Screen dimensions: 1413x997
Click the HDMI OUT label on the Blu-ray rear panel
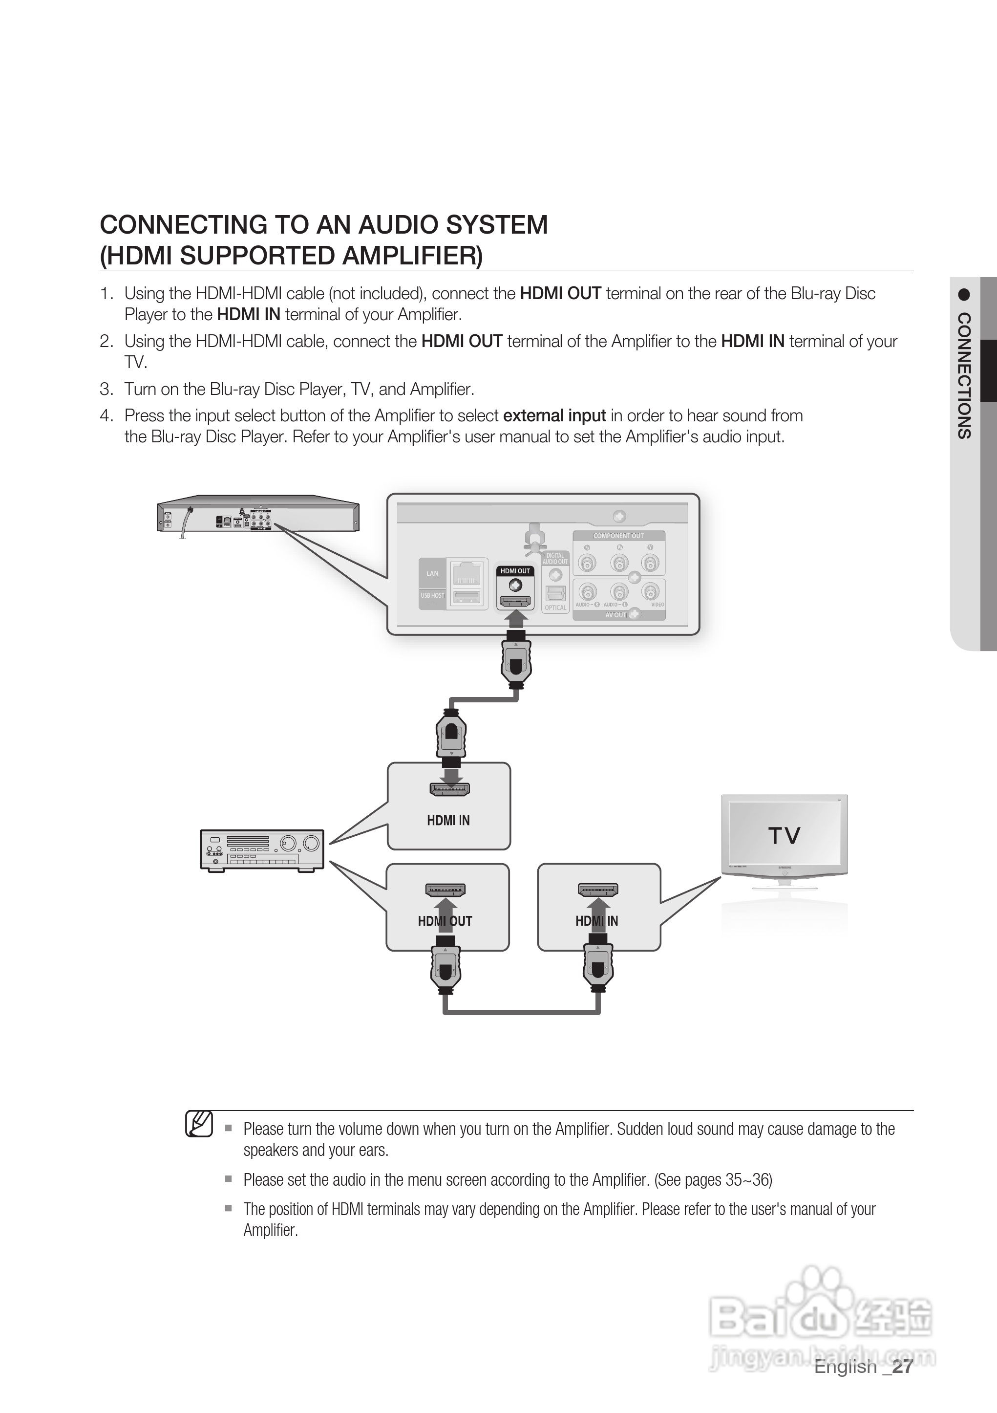(x=515, y=571)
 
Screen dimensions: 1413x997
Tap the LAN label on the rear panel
(x=432, y=574)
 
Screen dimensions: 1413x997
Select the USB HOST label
(x=432, y=595)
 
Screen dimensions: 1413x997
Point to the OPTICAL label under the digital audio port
(x=555, y=608)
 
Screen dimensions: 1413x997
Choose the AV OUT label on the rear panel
(x=615, y=615)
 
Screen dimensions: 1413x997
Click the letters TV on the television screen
(x=784, y=836)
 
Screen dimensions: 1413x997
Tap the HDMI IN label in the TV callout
(x=596, y=921)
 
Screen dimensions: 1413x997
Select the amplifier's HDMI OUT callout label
(x=445, y=921)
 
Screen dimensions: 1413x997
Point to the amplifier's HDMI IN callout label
(x=448, y=820)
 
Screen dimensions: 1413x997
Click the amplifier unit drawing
(x=262, y=850)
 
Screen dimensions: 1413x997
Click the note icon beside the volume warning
(x=199, y=1124)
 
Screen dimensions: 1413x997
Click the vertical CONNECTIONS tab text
(x=964, y=375)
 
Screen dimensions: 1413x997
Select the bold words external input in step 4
(x=554, y=416)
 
